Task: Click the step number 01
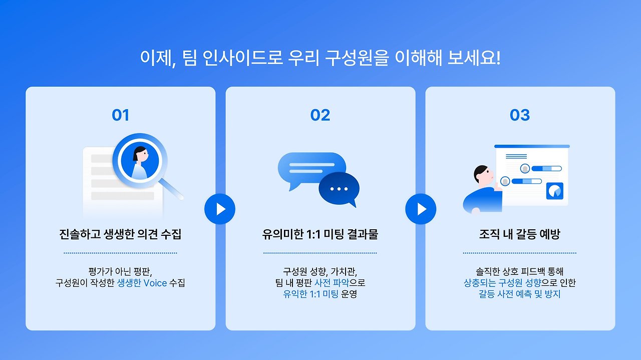click(120, 115)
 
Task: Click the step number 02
click(320, 115)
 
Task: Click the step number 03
click(520, 115)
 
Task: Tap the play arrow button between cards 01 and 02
click(220, 208)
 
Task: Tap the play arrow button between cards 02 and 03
click(421, 208)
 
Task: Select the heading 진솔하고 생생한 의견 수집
click(120, 234)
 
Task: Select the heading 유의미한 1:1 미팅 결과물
click(320, 234)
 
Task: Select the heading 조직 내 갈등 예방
click(520, 234)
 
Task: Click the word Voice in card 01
click(156, 283)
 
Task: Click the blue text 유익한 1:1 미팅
click(310, 294)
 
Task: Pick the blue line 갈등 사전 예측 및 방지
click(520, 294)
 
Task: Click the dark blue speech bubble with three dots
click(339, 189)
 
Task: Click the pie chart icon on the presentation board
click(554, 191)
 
